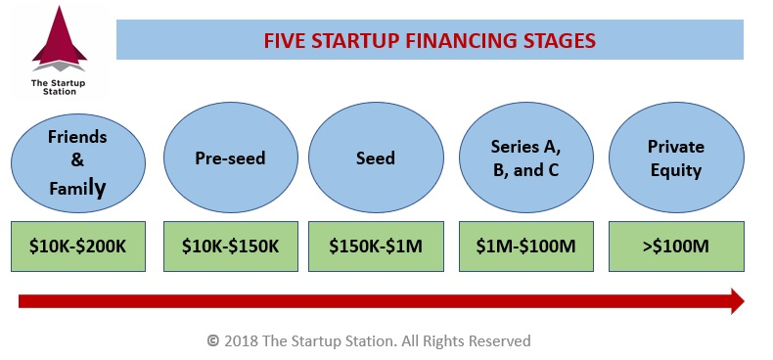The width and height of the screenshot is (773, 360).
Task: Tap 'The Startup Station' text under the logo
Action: (59, 88)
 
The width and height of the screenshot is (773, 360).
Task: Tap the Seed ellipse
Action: (376, 157)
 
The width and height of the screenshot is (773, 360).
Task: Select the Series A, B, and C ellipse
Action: (525, 157)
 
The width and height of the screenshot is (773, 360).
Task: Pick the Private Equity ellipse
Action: (675, 157)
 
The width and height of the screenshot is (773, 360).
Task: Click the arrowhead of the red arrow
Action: (735, 300)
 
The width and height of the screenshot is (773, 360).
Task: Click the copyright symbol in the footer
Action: (212, 341)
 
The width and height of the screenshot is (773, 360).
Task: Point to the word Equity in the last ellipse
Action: (675, 170)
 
